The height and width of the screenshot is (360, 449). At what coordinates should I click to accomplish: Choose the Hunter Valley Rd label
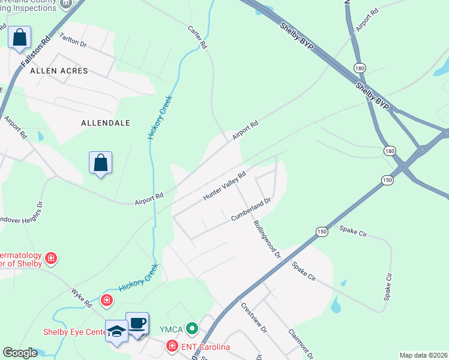[225, 187]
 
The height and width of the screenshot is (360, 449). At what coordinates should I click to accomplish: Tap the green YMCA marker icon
[191, 328]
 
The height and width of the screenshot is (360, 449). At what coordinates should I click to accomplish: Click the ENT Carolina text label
[205, 347]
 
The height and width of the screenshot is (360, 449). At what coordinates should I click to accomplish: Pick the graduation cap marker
[116, 330]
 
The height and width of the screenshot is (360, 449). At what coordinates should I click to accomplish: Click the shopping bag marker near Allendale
[100, 162]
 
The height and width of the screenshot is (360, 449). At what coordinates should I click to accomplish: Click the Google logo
[20, 353]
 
